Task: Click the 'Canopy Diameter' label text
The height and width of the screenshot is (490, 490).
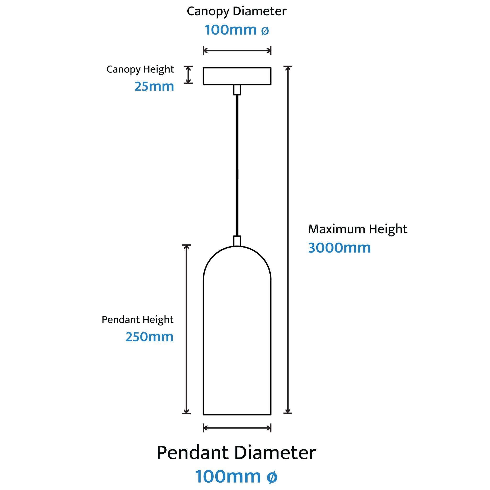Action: (236, 12)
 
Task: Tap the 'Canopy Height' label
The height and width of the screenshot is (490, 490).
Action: (140, 69)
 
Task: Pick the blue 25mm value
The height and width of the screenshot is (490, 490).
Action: (154, 86)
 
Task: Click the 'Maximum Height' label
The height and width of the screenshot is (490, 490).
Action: (358, 229)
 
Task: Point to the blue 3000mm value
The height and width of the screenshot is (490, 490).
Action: (339, 248)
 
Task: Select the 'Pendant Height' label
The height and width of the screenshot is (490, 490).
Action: (138, 320)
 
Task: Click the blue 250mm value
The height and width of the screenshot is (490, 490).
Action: (149, 337)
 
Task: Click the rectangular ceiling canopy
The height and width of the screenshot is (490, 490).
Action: (237, 76)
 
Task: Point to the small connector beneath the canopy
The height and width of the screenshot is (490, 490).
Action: (237, 90)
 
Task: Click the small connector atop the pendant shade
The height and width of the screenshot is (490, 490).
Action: (237, 241)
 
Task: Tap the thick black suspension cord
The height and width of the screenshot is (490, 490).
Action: (237, 165)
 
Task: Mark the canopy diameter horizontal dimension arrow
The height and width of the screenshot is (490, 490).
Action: (237, 50)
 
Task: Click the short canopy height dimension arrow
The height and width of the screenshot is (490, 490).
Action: (188, 75)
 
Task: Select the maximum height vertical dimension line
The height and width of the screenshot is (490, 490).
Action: (288, 240)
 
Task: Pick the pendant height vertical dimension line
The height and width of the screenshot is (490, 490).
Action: (186, 329)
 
